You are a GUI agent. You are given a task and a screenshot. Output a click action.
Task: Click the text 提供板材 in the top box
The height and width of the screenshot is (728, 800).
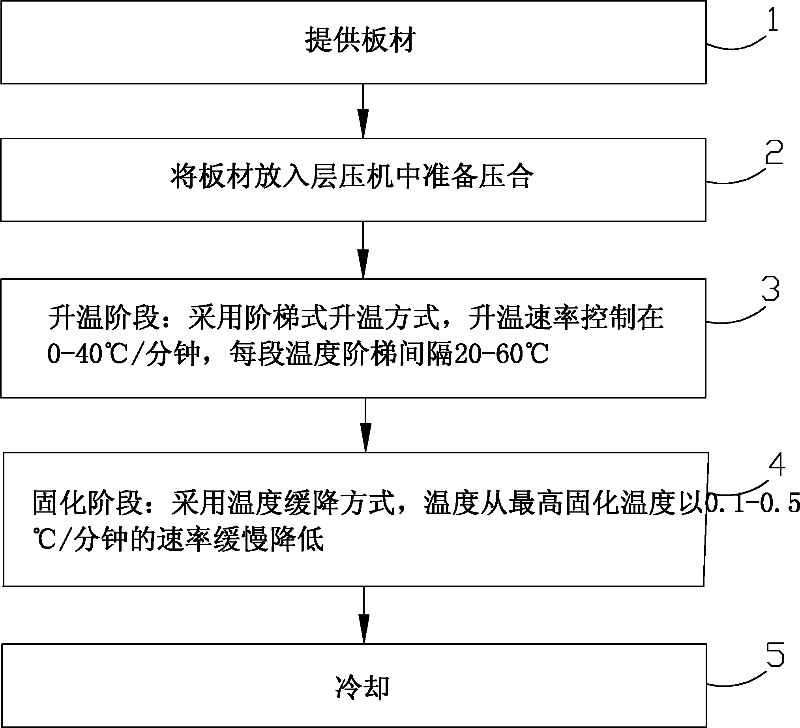[x=360, y=40]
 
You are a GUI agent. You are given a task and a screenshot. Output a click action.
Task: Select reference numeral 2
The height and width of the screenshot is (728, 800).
[x=774, y=152]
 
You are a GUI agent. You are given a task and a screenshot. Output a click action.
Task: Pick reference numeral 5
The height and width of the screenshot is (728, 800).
[x=775, y=655]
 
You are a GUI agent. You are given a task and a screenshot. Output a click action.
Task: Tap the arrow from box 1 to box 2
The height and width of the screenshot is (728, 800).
[x=363, y=111]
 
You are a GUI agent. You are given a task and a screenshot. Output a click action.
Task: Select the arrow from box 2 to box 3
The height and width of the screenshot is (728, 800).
[x=363, y=250]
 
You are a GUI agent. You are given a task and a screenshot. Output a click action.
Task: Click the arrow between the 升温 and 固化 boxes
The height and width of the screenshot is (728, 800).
[x=365, y=425]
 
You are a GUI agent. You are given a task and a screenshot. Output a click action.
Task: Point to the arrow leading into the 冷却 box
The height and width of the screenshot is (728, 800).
[x=364, y=615]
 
